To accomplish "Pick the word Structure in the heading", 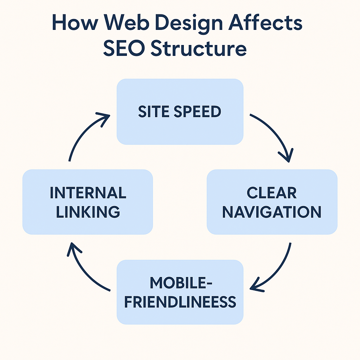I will click(198, 49).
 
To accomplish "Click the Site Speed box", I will click(180, 111).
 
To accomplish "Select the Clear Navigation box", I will click(272, 202).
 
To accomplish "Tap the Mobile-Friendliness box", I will click(180, 292).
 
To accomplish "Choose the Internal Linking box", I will click(88, 202).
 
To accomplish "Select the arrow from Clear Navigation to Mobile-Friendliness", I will click(278, 271).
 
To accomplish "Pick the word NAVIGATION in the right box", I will click(272, 212).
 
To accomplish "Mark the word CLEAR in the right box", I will click(272, 193).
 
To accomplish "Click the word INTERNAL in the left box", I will click(88, 193).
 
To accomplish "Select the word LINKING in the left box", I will click(88, 212).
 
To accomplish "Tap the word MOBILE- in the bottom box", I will click(180, 283).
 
